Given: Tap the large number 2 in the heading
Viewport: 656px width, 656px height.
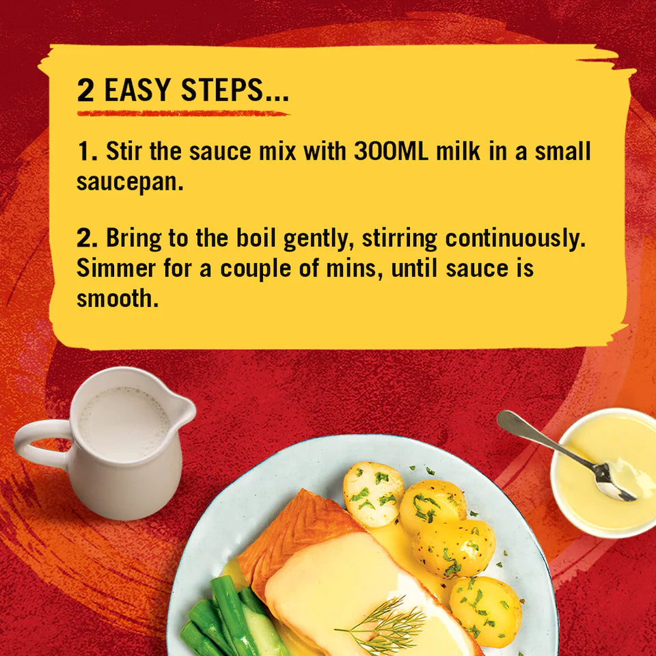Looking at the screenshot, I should pos(85,91).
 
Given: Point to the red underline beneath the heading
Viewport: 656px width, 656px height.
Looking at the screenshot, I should pos(182,113).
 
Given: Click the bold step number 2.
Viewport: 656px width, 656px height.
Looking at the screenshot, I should pos(87,238).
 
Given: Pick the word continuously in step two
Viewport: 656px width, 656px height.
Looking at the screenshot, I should pos(517,238).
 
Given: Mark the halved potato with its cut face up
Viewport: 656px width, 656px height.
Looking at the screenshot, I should pos(373,493).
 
